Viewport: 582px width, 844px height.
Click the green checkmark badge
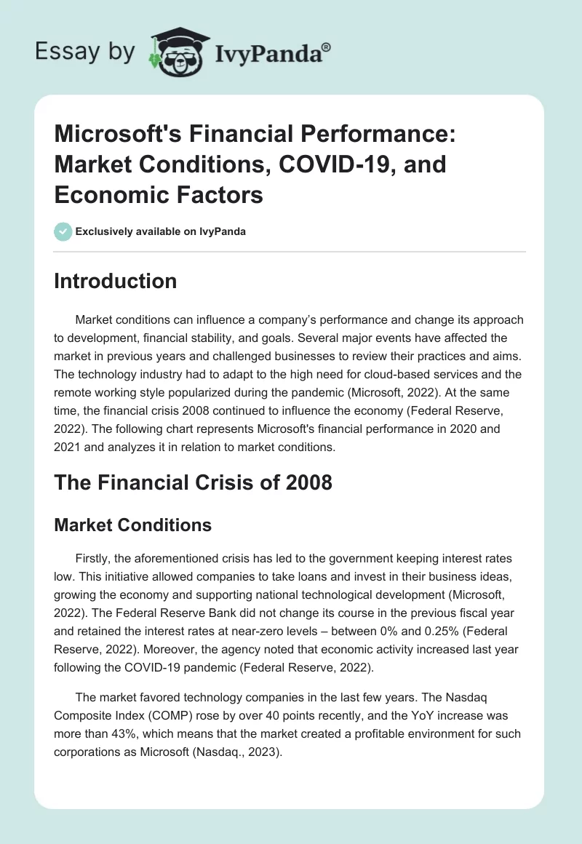point(62,231)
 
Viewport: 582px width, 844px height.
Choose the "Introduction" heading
point(115,282)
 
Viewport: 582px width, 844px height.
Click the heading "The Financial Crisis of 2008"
point(193,482)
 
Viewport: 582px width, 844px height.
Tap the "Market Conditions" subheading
point(132,525)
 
